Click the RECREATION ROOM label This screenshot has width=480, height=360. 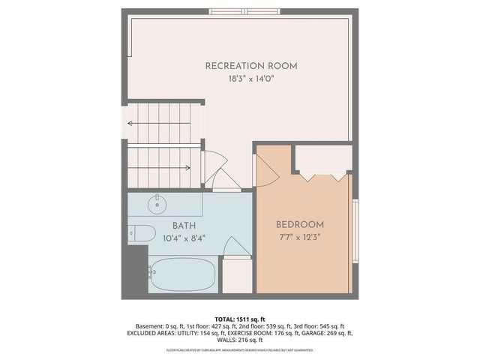click(x=251, y=66)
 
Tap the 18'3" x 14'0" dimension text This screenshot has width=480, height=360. click(x=251, y=79)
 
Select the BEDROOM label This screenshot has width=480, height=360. click(x=300, y=224)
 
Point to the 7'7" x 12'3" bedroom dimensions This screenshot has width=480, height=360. click(x=300, y=238)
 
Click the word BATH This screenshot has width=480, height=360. click(x=184, y=226)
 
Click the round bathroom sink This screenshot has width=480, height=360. click(x=158, y=203)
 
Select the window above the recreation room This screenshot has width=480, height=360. click(x=244, y=12)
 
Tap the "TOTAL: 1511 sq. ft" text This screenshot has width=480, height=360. click(x=240, y=319)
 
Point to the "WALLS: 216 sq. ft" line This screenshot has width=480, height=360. click(x=240, y=340)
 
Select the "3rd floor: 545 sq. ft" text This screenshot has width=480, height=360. click(x=319, y=326)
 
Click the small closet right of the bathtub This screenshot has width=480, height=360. click(x=238, y=275)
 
